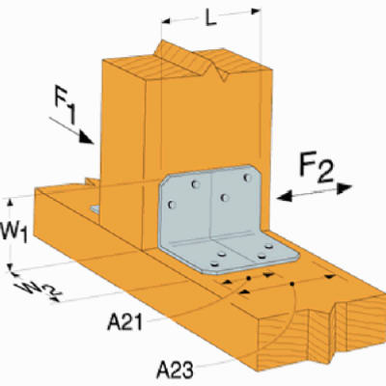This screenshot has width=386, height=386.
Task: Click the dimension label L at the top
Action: tap(212, 15)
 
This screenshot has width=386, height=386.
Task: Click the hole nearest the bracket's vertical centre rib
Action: tap(224, 198)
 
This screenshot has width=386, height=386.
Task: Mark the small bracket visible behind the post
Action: tap(94, 208)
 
